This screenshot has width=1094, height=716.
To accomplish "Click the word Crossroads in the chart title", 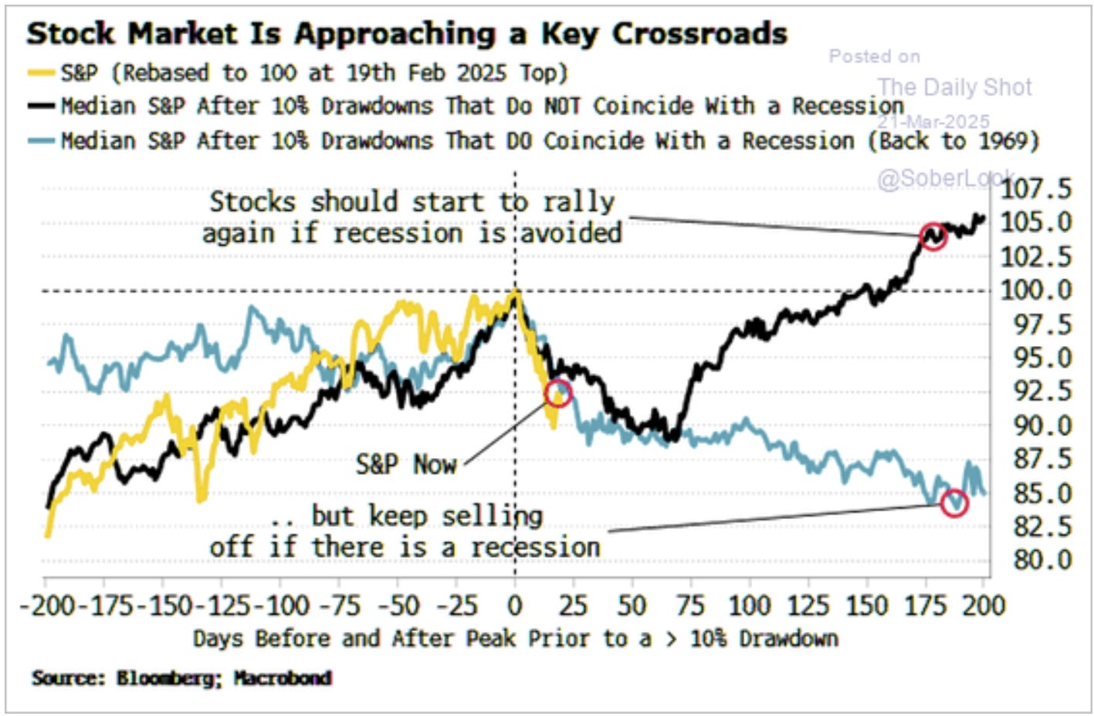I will coord(699,34).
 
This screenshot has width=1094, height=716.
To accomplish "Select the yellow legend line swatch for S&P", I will coord(41,73).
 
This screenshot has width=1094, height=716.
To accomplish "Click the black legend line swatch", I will coord(41,106).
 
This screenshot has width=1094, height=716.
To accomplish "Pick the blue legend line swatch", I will coord(41,141).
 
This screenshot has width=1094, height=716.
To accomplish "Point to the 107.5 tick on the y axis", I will coord(1036,188).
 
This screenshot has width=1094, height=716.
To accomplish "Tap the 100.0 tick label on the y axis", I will coord(1036,290).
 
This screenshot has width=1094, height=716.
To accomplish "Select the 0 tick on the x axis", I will coord(515,605).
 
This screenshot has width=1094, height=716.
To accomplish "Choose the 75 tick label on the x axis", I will coord(690,605).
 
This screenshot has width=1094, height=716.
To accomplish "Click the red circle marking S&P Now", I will coord(558,394).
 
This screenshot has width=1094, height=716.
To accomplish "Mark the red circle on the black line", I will coord(933,236).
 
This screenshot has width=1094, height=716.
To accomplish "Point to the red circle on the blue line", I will coord(954,503).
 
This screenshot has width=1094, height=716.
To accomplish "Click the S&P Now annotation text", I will coord(406,464).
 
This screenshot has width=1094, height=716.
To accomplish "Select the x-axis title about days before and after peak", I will coord(515,639).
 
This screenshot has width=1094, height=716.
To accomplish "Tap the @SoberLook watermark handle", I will coord(947,178).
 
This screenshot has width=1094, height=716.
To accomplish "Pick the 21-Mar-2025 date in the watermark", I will coord(933,121).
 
